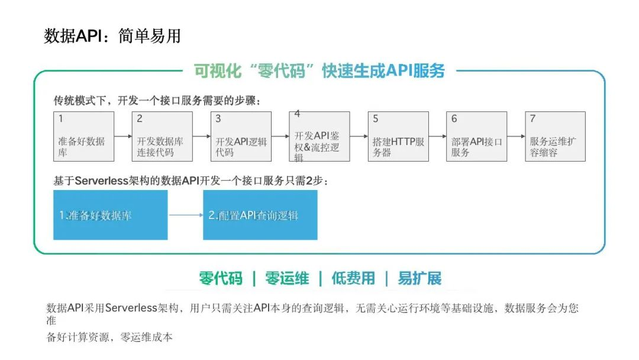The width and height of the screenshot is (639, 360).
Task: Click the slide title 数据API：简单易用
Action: pyautogui.click(x=112, y=36)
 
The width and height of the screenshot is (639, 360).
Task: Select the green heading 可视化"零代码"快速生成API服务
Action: pyautogui.click(x=319, y=71)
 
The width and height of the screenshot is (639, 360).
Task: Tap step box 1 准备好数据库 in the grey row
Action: pyautogui.click(x=83, y=137)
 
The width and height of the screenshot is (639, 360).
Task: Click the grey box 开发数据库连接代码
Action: pyautogui.click(x=162, y=137)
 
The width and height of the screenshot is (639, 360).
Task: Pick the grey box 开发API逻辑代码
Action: pyautogui.click(x=241, y=137)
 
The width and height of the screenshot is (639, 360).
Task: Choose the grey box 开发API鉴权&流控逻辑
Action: pyautogui.click(x=319, y=137)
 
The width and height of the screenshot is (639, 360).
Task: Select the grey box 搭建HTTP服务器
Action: pyautogui.click(x=398, y=137)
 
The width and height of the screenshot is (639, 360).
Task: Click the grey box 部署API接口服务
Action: pyautogui.click(x=476, y=137)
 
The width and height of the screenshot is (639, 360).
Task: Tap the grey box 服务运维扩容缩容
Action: pyautogui.click(x=555, y=137)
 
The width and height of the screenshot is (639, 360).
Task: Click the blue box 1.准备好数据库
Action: pyautogui.click(x=111, y=215)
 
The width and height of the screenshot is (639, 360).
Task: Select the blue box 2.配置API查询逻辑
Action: pyautogui.click(x=260, y=215)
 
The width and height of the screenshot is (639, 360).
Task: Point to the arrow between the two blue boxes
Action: pyautogui.click(x=185, y=215)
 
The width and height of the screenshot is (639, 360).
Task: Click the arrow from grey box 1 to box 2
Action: pyautogui.click(x=123, y=136)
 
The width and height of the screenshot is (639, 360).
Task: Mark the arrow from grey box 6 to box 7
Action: pyautogui.click(x=516, y=136)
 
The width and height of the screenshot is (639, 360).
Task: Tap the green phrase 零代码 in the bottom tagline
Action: pyautogui.click(x=221, y=278)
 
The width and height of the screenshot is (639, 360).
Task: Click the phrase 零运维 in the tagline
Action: pyautogui.click(x=287, y=278)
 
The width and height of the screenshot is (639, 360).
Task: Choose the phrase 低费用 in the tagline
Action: pyautogui.click(x=353, y=278)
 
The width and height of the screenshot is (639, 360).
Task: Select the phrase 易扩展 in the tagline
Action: pyautogui.click(x=419, y=278)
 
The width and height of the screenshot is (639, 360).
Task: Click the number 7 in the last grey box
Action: pyautogui.click(x=532, y=118)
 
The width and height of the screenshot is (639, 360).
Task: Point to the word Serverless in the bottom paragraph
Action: pyautogui.click(x=131, y=308)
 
